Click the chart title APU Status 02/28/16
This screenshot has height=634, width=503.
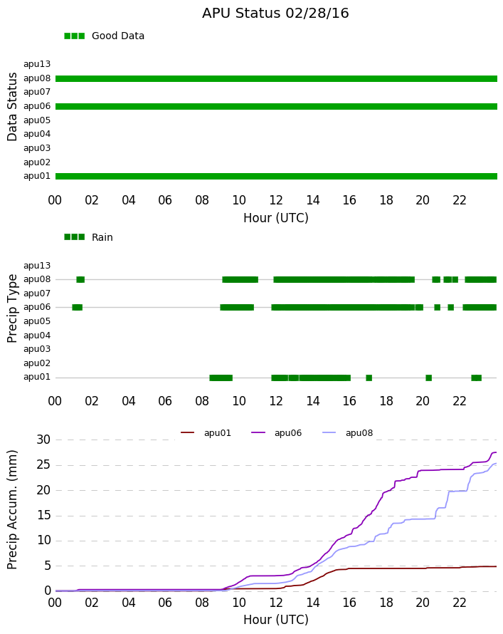(275, 13)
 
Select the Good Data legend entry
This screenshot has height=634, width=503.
(104, 36)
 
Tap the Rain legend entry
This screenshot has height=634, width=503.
(88, 237)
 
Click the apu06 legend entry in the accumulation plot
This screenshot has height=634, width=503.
(277, 433)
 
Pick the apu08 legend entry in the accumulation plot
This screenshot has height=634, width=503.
(348, 433)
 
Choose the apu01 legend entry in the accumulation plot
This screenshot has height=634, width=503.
(206, 433)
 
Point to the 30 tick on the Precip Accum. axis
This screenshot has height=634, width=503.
(43, 440)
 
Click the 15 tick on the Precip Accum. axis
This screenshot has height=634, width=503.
(43, 515)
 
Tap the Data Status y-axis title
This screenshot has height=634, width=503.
(12, 107)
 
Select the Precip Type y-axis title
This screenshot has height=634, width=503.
(12, 308)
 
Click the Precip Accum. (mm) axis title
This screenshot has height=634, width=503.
(12, 510)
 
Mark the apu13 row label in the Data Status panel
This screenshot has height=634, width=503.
(37, 64)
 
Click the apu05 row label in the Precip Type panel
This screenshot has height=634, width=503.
(37, 321)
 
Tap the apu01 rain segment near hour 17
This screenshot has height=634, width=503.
(369, 378)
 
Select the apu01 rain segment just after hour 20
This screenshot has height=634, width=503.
(429, 378)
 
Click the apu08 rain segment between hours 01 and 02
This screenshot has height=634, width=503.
(80, 279)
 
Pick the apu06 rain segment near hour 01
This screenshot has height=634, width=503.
(77, 307)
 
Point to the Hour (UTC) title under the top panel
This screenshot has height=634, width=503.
(276, 218)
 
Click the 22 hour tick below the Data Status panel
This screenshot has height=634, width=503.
(460, 200)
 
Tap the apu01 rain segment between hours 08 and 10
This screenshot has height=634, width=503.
(221, 378)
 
